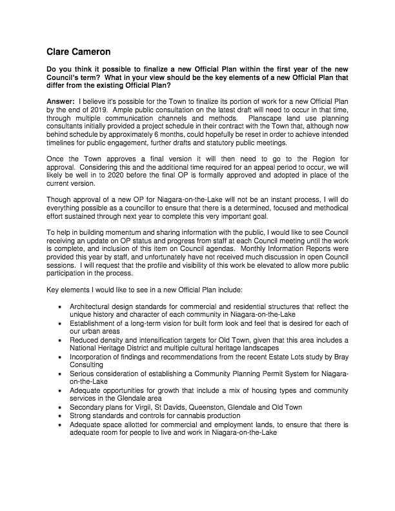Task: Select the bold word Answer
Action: pos(60,103)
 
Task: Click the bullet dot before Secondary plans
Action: pos(60,407)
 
